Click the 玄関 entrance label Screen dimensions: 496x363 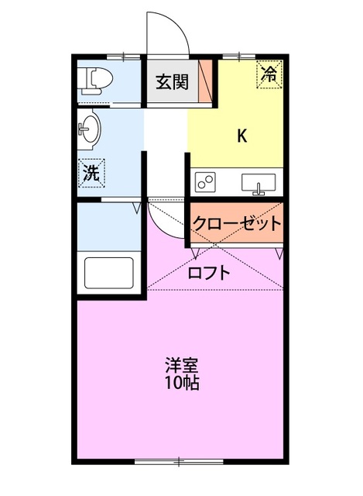[172, 81]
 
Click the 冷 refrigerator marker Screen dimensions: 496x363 [269, 74]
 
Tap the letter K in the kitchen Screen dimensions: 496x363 [241, 136]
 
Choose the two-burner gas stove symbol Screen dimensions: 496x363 [207, 183]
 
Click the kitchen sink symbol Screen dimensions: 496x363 [259, 183]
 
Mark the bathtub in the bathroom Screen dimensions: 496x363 [108, 274]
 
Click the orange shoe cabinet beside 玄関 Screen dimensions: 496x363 [205, 81]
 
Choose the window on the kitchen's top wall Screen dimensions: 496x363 [240, 56]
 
